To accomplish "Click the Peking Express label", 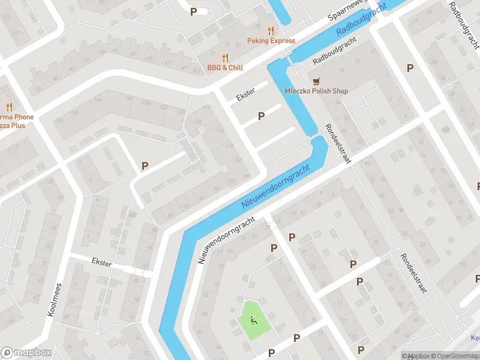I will coord(271,41).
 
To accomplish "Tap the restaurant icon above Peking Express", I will coord(271,31).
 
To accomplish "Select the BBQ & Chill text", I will coord(225,68).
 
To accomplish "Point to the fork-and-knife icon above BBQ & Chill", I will coord(225,58).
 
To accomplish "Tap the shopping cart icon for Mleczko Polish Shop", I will coord(315,81).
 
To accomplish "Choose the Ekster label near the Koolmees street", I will coord(101,263).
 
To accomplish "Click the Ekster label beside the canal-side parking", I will coord(245,95).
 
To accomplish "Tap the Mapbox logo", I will coord(26,353).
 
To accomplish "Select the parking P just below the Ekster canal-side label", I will coord(261,116).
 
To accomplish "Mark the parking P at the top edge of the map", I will coord(193,11).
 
